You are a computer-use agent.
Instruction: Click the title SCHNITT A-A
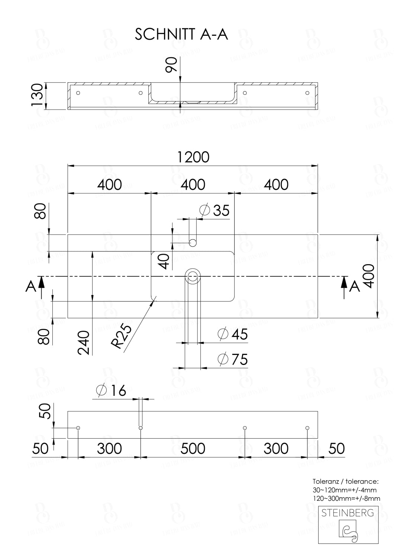181,35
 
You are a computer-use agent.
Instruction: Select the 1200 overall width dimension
193,157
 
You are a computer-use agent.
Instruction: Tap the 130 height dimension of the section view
37,96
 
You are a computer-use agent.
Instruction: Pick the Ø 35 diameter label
214,211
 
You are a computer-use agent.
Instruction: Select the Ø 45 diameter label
233,334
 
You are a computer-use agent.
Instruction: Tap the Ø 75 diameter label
233,359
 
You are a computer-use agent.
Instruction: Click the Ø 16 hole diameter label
111,391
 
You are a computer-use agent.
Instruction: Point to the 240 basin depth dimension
84,342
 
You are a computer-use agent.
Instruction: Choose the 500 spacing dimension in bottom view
193,449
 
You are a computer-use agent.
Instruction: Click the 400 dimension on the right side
368,276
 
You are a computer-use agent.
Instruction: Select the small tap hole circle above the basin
193,243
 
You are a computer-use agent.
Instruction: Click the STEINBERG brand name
348,513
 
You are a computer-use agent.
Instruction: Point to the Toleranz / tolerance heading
345,481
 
